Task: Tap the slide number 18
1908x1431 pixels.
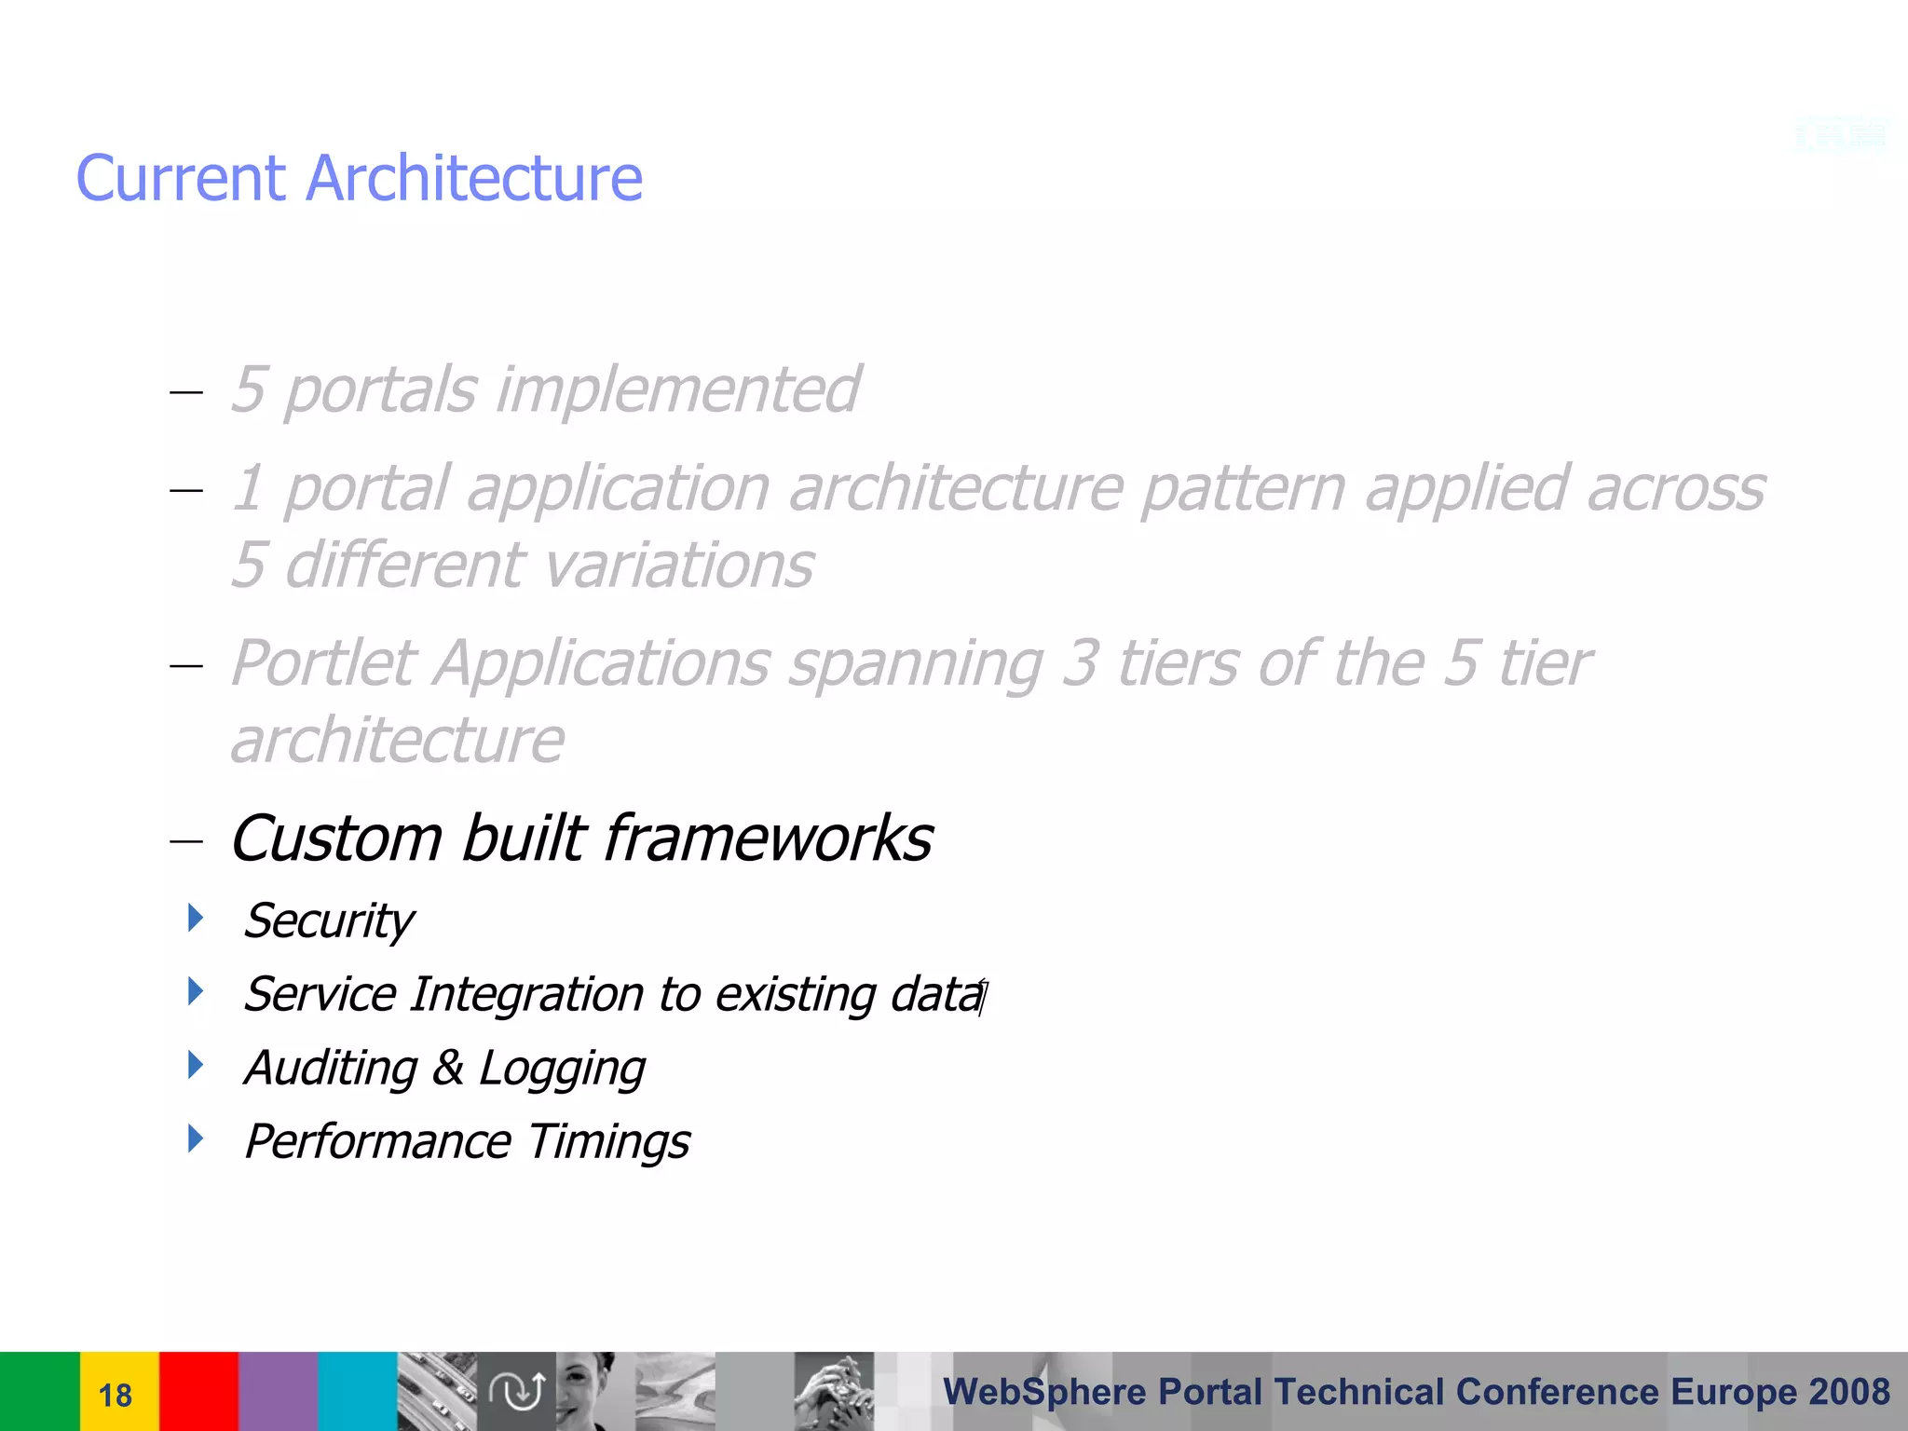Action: pos(116,1395)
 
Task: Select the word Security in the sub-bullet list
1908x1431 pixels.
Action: pos(328,921)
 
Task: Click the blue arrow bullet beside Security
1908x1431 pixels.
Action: pos(195,918)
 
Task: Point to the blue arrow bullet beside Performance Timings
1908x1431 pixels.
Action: pos(195,1138)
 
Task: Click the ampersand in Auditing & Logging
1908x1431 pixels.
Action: pos(447,1068)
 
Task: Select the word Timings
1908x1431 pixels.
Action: pos(608,1142)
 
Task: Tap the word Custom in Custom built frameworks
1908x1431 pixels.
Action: pos(335,838)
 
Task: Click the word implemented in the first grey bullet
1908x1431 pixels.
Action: pos(677,389)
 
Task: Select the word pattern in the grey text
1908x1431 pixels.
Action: pos(1243,488)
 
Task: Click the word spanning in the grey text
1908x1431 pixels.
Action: pos(916,665)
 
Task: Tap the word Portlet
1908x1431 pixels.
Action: pos(322,663)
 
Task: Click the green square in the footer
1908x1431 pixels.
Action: pos(39,1391)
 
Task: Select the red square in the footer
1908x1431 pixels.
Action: pos(198,1391)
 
